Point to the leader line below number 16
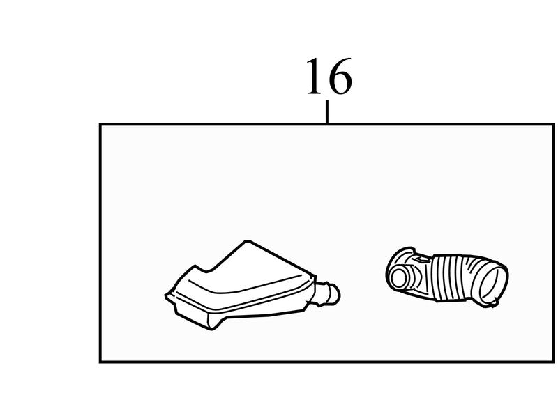(327, 112)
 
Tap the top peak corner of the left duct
(247, 241)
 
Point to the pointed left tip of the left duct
(167, 295)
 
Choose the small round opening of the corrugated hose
(400, 277)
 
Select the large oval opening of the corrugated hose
(493, 284)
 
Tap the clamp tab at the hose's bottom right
(494, 303)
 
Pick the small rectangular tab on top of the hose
(423, 259)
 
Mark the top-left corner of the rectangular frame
(100, 125)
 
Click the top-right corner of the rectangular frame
(552, 125)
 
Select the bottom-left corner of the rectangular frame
(100, 362)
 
